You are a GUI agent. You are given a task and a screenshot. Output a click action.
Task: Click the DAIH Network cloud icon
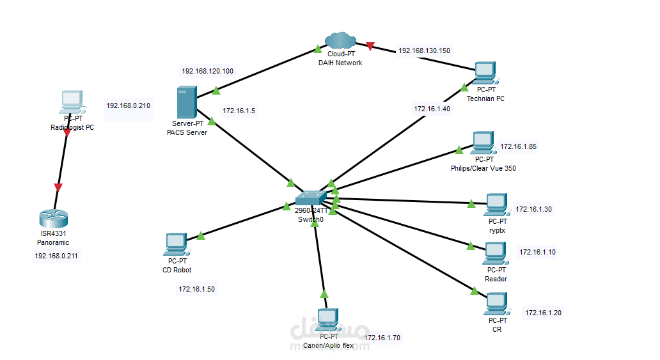340,41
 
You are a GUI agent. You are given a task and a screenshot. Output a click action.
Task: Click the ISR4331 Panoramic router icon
52,218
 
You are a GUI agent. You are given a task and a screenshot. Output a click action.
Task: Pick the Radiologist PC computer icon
72,101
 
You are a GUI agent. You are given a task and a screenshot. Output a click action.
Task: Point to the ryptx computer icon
496,205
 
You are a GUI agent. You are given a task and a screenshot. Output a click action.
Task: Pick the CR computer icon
496,304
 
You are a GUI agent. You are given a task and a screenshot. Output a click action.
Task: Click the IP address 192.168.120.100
207,71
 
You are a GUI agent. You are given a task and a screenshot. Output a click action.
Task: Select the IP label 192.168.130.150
424,50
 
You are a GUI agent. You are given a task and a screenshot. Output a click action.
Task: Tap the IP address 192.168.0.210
128,106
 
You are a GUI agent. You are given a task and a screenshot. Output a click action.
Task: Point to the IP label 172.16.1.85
518,146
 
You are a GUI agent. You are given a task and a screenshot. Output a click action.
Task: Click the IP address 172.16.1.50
197,289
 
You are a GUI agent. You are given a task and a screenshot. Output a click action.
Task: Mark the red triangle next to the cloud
370,46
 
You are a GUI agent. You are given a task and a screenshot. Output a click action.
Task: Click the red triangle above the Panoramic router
58,187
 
